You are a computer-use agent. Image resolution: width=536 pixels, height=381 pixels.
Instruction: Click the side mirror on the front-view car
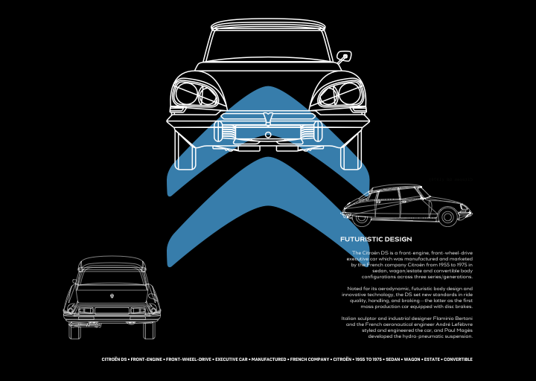click(344, 57)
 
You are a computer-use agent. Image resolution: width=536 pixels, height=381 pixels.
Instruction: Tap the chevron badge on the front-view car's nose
click(268, 118)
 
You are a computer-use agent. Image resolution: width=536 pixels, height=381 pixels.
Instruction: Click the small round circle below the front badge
click(268, 135)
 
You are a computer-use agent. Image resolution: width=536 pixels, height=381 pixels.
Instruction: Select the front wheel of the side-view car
click(447, 217)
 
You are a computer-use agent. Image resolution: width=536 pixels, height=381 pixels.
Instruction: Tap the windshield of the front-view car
click(268, 45)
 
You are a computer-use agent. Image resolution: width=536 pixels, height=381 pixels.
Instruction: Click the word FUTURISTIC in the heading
click(361, 239)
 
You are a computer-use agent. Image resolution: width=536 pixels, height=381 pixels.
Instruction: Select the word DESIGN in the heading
click(398, 239)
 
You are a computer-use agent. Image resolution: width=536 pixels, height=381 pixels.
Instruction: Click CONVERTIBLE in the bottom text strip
click(458, 359)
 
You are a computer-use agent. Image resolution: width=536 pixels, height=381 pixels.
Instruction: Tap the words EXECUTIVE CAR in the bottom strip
click(231, 359)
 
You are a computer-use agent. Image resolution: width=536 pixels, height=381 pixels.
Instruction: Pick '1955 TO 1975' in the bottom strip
click(368, 359)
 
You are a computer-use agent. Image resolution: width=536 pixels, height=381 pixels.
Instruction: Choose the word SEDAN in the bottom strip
click(393, 359)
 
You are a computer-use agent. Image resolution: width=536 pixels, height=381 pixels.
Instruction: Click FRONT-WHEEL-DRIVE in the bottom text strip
click(188, 359)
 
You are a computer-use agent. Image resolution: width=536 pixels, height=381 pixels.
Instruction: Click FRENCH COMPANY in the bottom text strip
click(310, 359)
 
